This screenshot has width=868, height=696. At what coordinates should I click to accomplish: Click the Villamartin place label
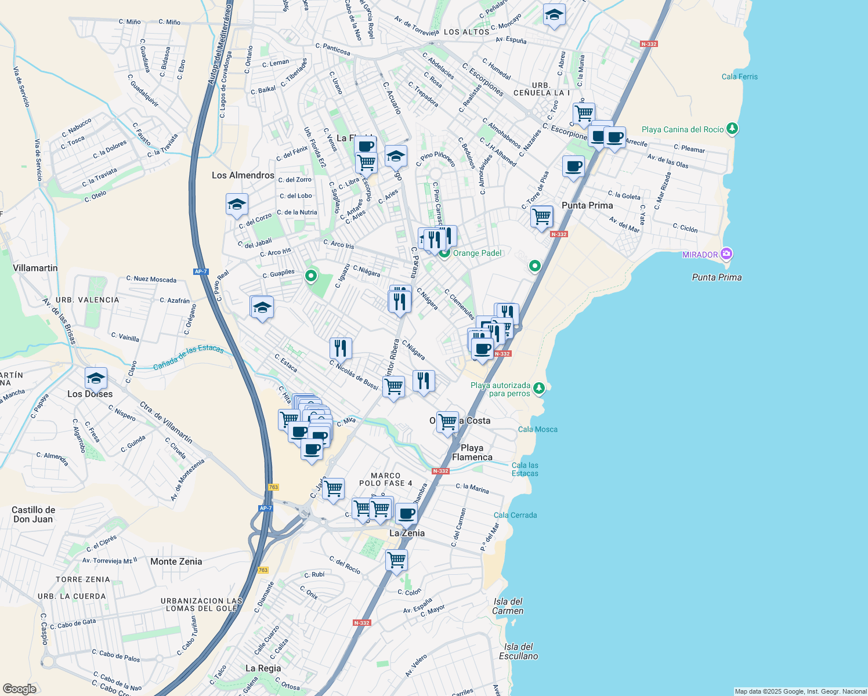(35, 268)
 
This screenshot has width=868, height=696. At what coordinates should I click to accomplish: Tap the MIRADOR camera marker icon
(726, 254)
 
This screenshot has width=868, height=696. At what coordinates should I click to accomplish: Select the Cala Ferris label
(739, 77)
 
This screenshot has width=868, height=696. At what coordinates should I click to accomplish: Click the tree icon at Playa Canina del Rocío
(732, 128)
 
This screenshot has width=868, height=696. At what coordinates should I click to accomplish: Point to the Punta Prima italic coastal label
(717, 277)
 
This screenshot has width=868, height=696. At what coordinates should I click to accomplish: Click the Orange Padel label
(477, 253)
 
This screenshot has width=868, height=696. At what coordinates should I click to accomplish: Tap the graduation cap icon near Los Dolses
(96, 379)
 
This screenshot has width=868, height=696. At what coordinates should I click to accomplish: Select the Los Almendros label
(243, 175)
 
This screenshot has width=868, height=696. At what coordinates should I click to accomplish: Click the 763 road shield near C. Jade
(273, 487)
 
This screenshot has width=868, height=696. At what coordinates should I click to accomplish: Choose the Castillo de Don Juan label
(34, 514)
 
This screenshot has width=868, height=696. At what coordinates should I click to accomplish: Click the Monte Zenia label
(176, 561)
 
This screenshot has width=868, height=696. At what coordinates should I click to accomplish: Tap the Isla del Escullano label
(518, 651)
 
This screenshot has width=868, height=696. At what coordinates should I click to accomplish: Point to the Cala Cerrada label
(515, 515)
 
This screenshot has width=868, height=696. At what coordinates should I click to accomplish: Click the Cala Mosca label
(537, 429)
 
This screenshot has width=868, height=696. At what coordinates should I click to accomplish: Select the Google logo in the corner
(20, 688)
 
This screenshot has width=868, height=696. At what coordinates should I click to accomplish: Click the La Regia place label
(263, 668)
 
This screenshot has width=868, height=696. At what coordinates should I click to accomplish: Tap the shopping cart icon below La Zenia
(397, 560)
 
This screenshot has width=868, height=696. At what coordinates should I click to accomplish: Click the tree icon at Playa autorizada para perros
(539, 387)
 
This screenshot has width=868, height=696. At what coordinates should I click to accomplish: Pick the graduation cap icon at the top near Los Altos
(554, 15)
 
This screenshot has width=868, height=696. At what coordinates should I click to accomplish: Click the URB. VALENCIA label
(87, 300)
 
